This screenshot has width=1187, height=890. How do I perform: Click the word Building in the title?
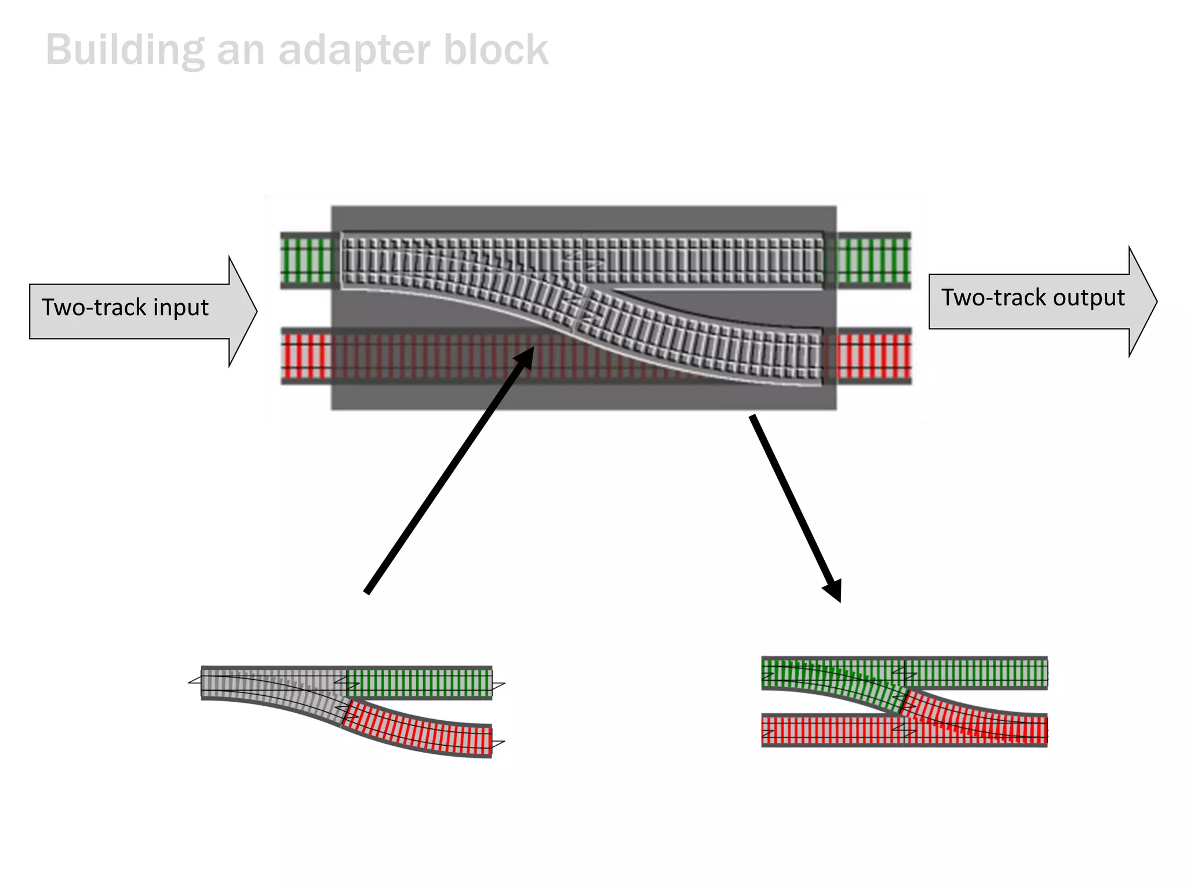click(x=125, y=50)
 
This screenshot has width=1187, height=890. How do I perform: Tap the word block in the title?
click(x=496, y=50)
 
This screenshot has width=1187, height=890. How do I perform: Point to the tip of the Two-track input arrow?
click(x=256, y=312)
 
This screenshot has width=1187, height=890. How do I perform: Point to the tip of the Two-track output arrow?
click(x=1156, y=302)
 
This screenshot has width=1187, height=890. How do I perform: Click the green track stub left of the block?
click(x=307, y=260)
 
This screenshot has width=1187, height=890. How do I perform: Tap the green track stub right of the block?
click(x=873, y=260)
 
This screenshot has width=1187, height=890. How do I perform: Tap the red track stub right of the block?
click(x=873, y=356)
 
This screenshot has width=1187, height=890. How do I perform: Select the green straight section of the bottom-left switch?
click(x=418, y=682)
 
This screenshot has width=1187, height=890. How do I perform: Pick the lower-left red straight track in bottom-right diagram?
click(x=832, y=730)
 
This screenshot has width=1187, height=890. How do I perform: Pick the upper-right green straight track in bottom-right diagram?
click(x=977, y=673)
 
